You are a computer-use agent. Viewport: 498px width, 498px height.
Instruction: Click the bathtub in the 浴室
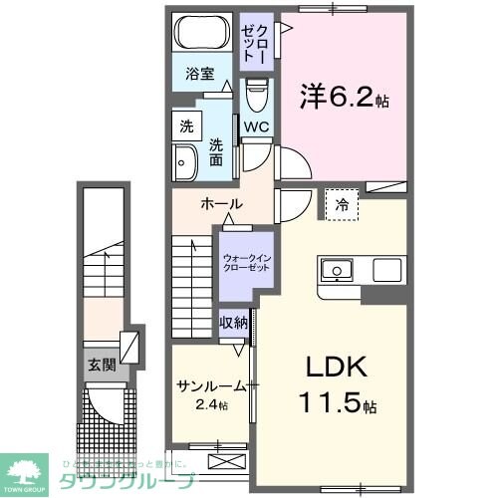(x=199, y=35)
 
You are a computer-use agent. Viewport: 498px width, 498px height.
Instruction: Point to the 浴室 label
(x=199, y=73)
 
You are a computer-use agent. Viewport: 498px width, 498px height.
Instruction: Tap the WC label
(x=256, y=127)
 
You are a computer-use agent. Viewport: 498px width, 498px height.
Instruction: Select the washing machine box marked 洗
(x=185, y=126)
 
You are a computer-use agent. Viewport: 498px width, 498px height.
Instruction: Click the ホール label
(x=221, y=203)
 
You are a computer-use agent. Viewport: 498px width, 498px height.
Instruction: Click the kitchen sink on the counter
(x=336, y=270)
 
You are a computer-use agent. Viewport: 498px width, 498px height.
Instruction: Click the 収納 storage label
(x=234, y=324)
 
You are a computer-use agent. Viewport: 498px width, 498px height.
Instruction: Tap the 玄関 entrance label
(x=102, y=365)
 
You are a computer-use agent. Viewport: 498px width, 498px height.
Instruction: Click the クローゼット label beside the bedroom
(x=254, y=42)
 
